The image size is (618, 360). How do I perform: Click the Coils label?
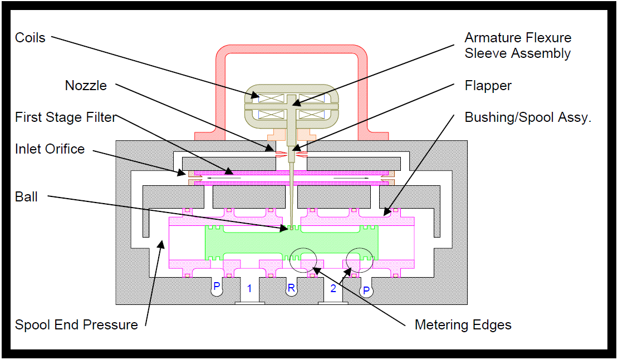30,38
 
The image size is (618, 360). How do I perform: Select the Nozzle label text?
86,86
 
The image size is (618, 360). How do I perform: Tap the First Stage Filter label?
66,117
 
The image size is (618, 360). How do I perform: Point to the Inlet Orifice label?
50,149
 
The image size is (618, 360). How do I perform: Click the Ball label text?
27,196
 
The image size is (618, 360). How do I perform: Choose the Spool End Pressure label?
76,324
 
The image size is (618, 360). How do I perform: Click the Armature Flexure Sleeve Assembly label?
518,46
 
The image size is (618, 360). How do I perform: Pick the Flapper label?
488,86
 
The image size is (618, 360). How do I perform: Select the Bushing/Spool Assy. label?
527,117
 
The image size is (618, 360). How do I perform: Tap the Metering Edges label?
463,324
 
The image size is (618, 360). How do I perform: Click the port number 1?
249,288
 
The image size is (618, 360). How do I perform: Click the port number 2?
333,288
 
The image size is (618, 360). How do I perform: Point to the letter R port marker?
291,288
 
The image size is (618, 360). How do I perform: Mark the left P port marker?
217,287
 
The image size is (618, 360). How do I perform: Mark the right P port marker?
366,290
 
